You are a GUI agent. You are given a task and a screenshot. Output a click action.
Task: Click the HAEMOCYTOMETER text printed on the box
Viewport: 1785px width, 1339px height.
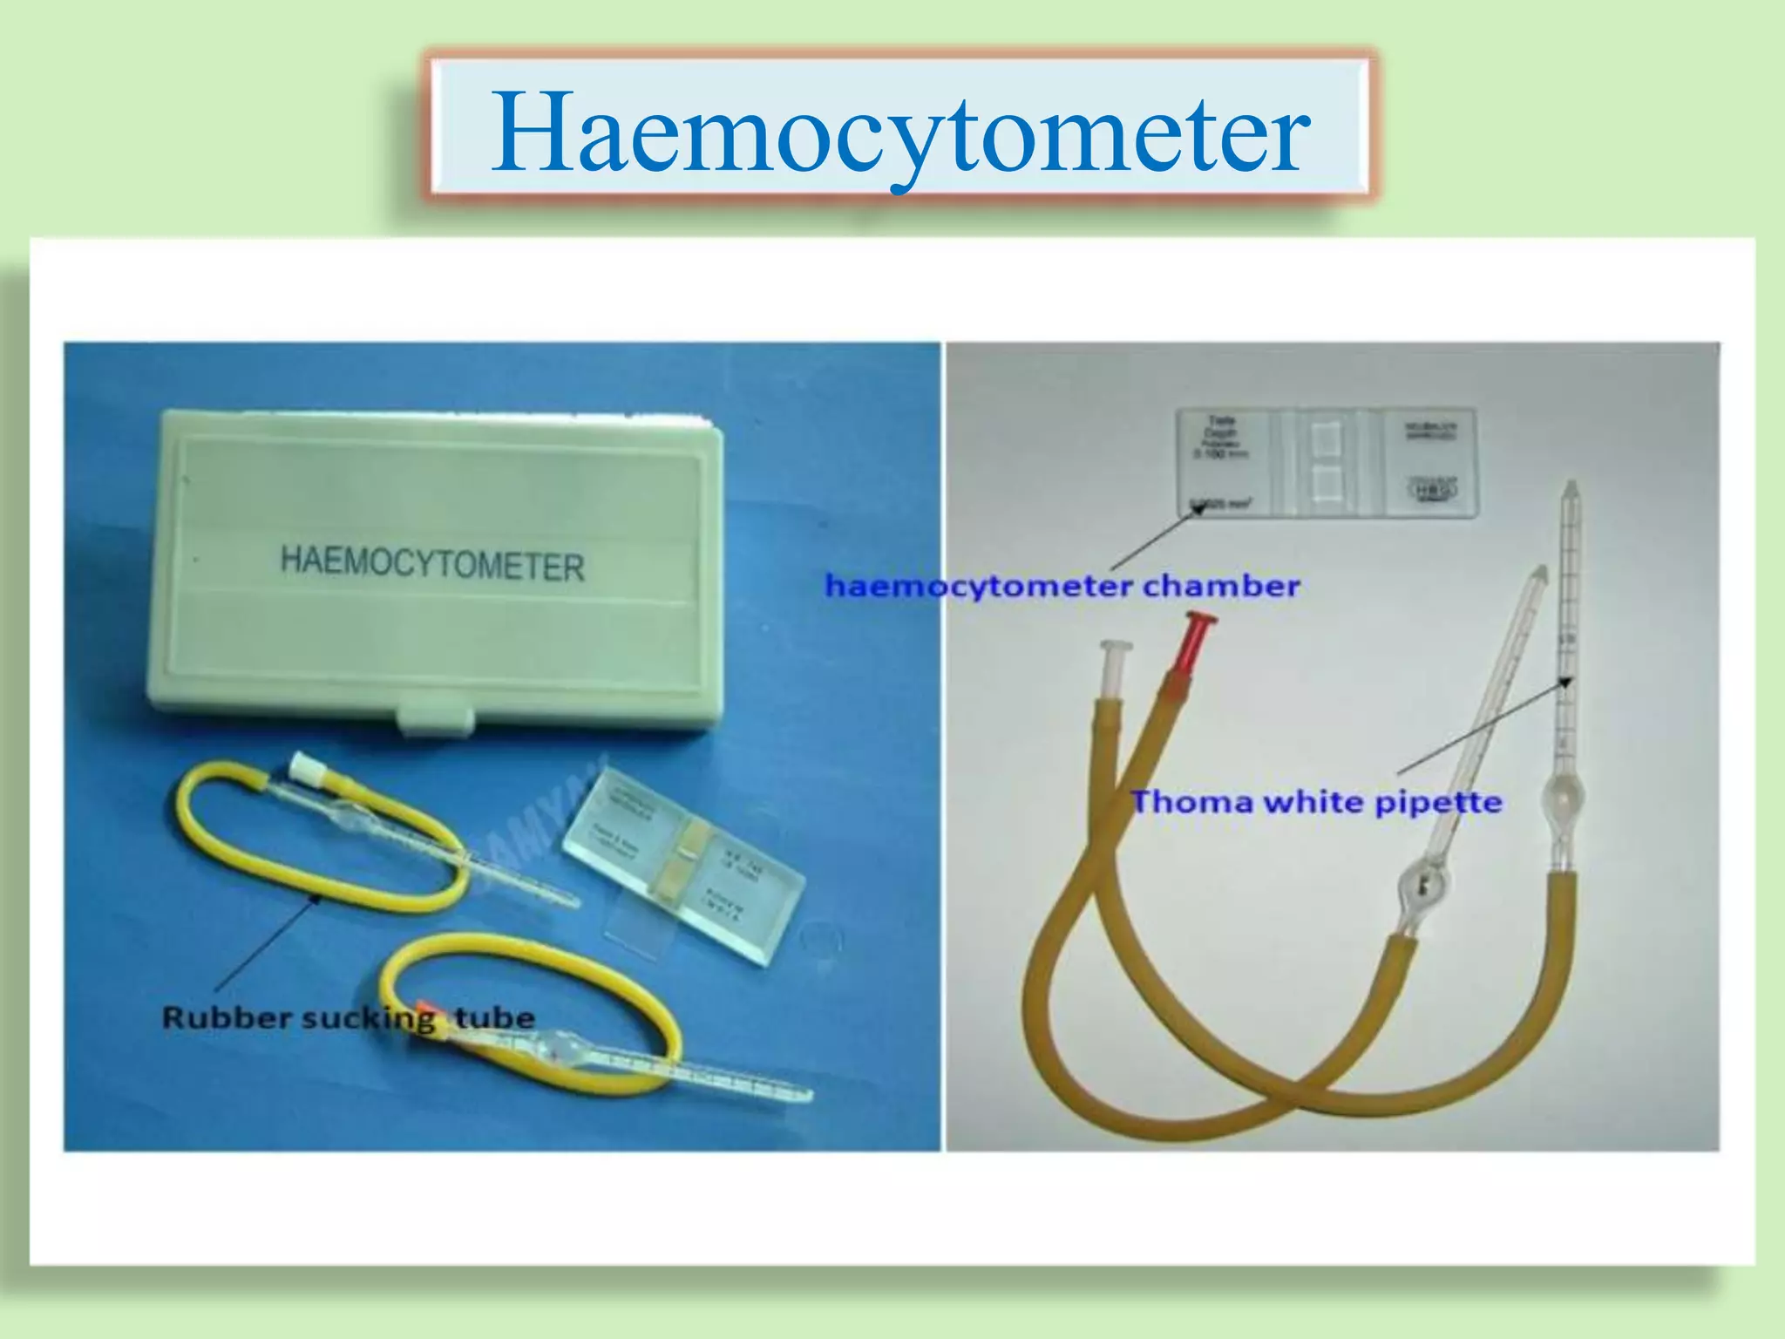pos(431,563)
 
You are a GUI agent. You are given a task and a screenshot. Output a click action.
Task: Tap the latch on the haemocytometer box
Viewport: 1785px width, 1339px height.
pos(436,719)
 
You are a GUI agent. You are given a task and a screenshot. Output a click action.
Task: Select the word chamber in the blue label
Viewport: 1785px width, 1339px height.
pos(1221,586)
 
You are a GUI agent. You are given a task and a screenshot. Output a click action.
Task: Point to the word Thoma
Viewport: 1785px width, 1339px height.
pos(1190,802)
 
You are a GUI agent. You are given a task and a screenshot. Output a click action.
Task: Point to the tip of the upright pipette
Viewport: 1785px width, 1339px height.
pos(1571,488)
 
